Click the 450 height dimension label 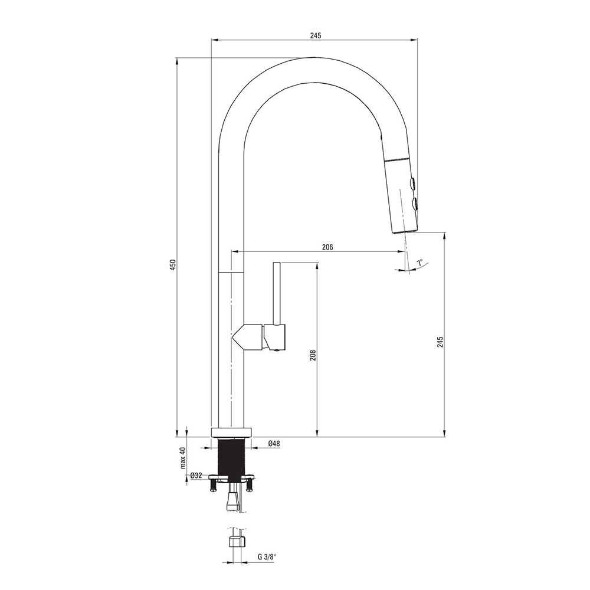173,264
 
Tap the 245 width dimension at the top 316,35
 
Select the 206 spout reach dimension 327,247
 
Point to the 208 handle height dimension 313,355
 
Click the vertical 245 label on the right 441,342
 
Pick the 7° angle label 419,263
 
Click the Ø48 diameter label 274,444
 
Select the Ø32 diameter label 196,475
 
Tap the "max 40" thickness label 183,458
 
